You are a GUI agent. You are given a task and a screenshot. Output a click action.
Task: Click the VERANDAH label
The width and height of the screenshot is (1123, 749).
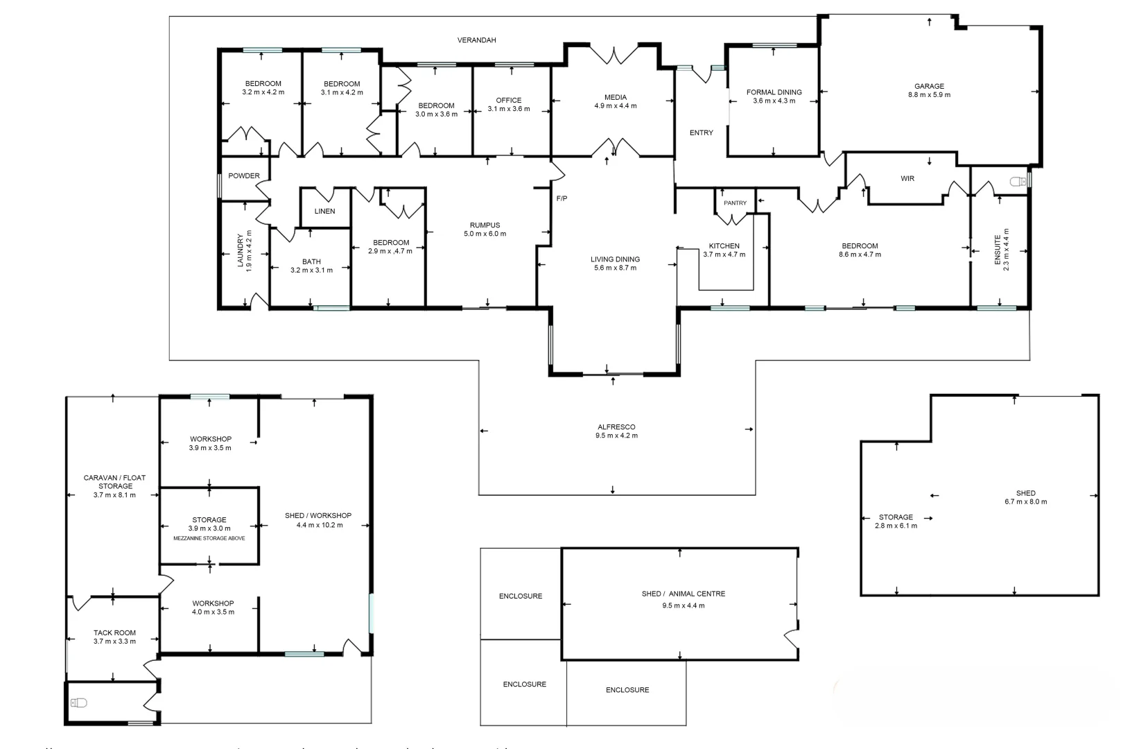476,40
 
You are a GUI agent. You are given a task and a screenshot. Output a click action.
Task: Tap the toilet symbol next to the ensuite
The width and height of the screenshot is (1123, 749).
1018,182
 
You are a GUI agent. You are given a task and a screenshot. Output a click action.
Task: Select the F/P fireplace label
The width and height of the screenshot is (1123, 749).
561,199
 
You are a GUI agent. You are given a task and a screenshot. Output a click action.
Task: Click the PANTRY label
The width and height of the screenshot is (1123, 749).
735,203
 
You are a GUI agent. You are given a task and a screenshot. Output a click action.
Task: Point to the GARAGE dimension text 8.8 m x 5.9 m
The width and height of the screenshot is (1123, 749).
929,95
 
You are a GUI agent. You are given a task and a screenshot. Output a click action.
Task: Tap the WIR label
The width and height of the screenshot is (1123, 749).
907,179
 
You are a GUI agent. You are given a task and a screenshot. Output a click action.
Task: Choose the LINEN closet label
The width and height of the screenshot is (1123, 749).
324,212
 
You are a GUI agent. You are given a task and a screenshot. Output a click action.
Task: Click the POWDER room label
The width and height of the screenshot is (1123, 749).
244,176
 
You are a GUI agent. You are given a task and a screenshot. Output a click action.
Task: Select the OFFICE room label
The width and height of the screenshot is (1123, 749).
508,101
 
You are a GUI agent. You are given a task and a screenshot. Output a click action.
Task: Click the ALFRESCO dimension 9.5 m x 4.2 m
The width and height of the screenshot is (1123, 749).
616,436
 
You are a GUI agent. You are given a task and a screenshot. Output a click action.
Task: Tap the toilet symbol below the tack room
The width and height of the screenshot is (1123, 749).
79,703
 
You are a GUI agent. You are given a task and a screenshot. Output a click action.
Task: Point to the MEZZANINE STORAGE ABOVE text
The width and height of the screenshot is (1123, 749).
209,538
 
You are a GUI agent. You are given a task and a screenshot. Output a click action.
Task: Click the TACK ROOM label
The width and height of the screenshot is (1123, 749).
114,632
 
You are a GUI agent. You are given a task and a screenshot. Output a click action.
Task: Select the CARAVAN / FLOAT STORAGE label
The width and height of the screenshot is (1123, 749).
114,482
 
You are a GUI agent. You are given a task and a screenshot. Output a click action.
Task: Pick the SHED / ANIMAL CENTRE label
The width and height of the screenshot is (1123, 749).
683,594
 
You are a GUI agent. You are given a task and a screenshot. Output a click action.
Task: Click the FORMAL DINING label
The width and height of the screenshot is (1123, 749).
774,92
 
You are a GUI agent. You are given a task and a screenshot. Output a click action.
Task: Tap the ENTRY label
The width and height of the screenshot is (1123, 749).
701,133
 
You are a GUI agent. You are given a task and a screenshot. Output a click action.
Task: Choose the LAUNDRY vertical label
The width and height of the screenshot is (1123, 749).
241,250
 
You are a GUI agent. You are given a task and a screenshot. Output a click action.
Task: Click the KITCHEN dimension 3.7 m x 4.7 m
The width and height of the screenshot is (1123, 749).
724,255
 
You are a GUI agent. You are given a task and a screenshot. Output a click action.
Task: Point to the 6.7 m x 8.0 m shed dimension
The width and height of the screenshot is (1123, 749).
1025,502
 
